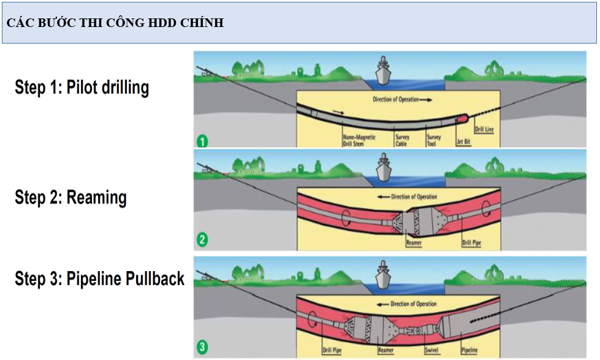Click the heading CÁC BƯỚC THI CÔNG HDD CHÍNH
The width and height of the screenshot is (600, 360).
pos(115,23)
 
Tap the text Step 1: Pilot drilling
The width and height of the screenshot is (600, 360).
pos(82,88)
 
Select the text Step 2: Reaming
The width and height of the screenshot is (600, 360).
pos(70,197)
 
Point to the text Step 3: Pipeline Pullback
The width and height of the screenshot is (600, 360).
pos(99,279)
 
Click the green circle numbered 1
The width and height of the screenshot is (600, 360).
pos(202,142)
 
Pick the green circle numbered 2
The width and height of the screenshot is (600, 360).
pos(202,241)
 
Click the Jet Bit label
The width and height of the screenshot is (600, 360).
pos(463,142)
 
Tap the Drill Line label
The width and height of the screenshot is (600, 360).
pos(484,129)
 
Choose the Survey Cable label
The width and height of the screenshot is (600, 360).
pos(401,140)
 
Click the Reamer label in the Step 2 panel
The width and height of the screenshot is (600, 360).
pos(414,243)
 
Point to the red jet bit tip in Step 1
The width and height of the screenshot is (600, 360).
pos(462,117)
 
